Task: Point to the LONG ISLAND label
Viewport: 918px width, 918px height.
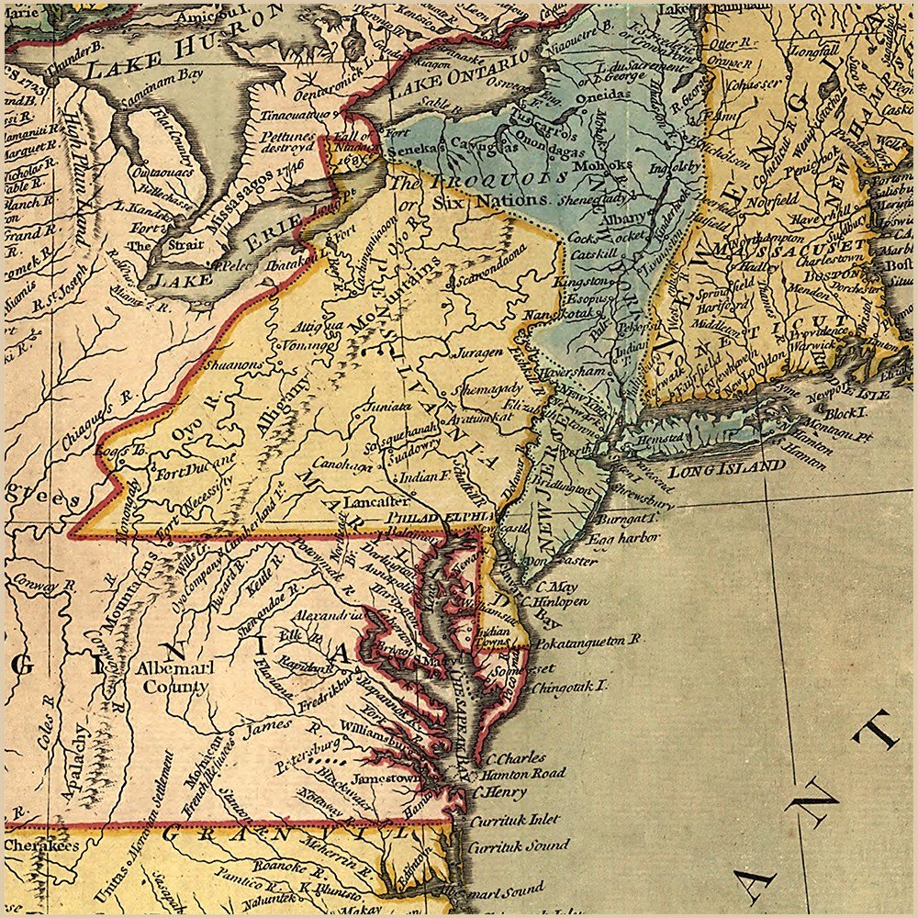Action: point(726,468)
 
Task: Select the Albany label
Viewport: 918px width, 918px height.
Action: point(589,216)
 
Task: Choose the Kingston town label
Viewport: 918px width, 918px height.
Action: point(581,279)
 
